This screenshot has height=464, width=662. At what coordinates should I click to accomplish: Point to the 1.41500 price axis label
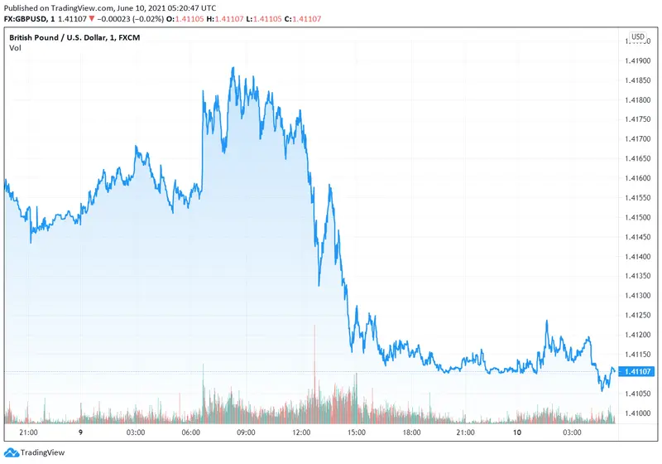[x=636, y=217]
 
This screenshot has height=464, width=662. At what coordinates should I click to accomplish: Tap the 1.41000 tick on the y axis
[x=636, y=413]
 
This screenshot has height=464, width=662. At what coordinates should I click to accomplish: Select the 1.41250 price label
[x=636, y=315]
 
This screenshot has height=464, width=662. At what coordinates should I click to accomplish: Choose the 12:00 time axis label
[x=300, y=433]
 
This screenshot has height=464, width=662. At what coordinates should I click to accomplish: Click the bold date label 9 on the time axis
[x=81, y=433]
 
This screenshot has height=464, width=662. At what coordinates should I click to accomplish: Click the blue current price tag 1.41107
[x=636, y=370]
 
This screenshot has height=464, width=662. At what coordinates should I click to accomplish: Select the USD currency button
[x=638, y=37]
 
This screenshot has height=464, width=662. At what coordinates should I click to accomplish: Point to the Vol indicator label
[x=16, y=49]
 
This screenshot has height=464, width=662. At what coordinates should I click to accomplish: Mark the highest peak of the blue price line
[x=233, y=68]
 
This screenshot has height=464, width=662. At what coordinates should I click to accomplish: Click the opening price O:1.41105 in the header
[x=208, y=18]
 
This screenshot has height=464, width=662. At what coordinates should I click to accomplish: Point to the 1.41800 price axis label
[x=636, y=100]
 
